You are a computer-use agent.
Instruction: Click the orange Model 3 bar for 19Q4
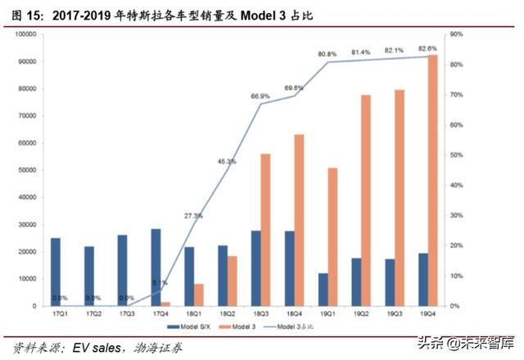pyautogui.click(x=432, y=180)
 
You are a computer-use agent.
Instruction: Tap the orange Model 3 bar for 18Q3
pyautogui.click(x=265, y=229)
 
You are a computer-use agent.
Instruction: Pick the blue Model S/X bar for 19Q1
pyautogui.click(x=323, y=290)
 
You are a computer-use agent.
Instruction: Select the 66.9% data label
pyautogui.click(x=260, y=96)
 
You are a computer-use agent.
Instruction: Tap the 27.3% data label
pyautogui.click(x=193, y=216)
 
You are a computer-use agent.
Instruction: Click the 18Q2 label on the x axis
pyautogui.click(x=227, y=313)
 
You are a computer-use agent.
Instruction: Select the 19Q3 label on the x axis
pyautogui.click(x=394, y=313)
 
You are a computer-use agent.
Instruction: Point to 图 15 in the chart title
pyautogui.click(x=20, y=14)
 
